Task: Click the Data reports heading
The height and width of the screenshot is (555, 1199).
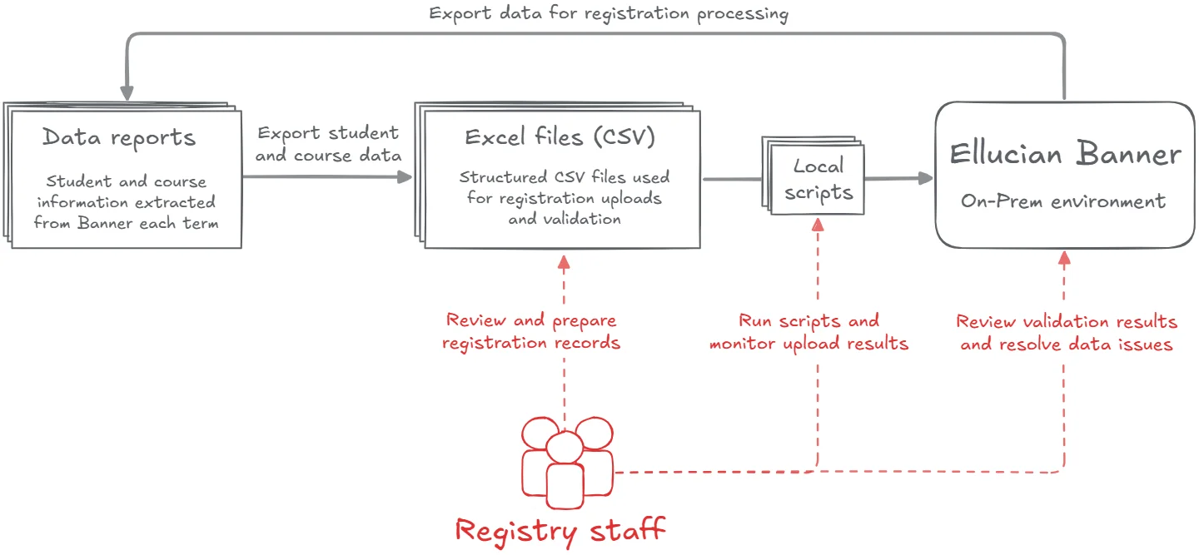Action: point(119,137)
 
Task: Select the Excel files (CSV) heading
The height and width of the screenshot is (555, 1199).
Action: point(560,137)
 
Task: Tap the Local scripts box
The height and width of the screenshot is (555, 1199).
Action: point(818,180)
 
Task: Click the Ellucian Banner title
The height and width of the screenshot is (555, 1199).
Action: point(1065,154)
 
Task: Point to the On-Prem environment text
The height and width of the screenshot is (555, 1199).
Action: point(1063,201)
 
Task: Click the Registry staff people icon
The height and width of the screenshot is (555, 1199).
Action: point(566,466)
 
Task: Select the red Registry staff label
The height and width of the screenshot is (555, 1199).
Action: point(560,529)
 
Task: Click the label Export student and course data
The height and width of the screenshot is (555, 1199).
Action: point(327,144)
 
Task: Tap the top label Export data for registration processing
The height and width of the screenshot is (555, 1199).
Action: point(609,14)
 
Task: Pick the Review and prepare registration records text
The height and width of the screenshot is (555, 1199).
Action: point(531,331)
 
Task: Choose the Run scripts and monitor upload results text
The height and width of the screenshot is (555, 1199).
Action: point(808,332)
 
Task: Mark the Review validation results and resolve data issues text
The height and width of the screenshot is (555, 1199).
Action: point(1067,333)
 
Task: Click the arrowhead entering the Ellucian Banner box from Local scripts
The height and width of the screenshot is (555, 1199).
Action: point(925,178)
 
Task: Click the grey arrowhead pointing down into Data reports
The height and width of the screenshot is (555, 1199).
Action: point(127,91)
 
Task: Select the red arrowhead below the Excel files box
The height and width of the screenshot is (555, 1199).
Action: point(564,262)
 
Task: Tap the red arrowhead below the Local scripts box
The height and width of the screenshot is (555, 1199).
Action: point(818,224)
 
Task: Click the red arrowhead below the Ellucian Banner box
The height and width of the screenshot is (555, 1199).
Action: point(1064,260)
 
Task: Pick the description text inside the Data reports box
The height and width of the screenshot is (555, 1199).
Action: point(126,202)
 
